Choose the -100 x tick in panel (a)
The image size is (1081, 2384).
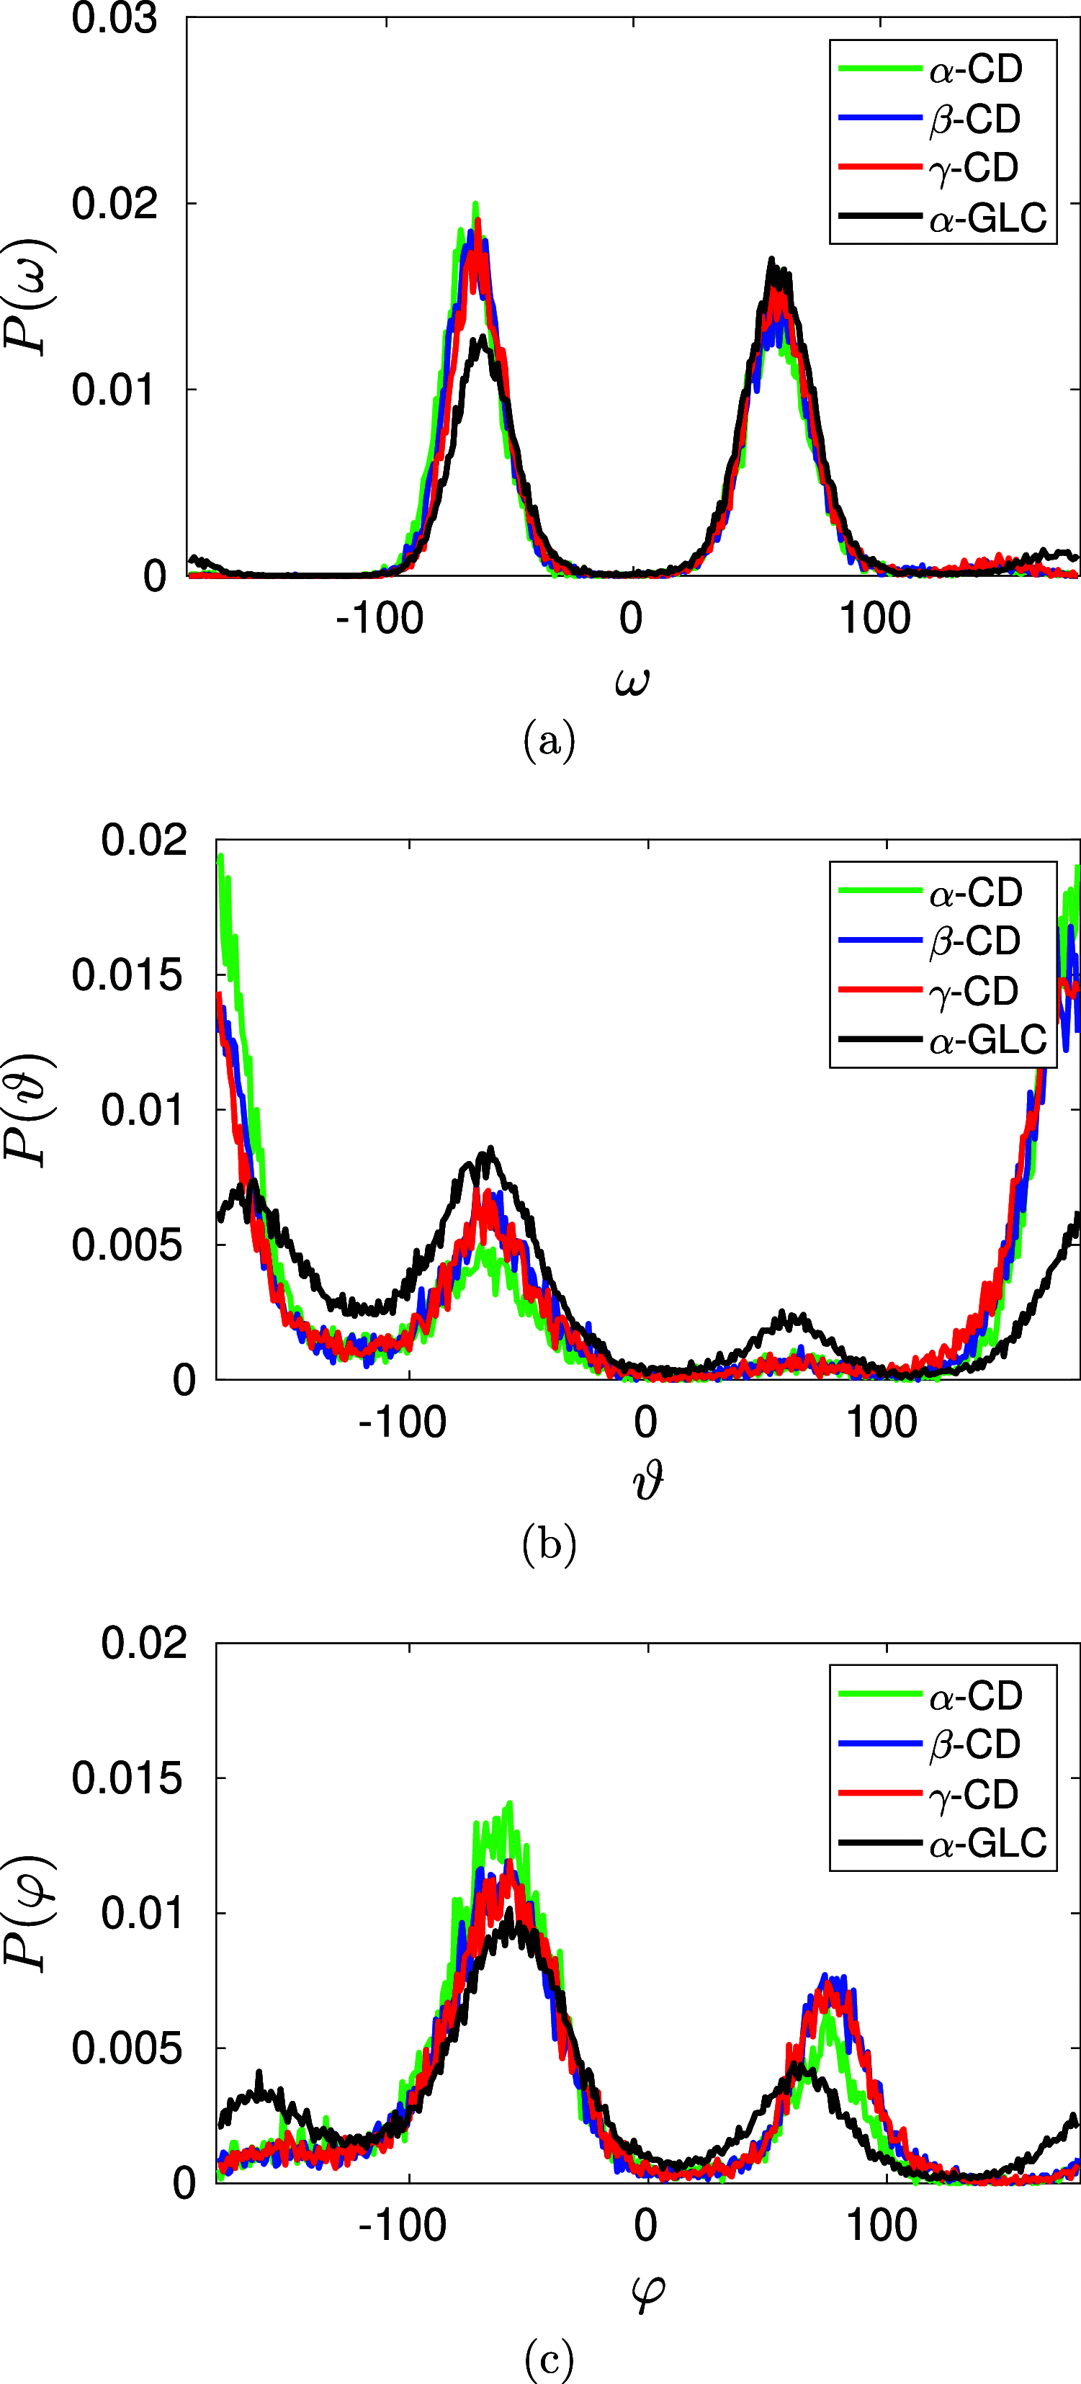380,618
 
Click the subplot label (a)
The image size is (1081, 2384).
549,741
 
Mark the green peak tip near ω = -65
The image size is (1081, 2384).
476,205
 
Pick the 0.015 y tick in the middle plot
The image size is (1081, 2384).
127,974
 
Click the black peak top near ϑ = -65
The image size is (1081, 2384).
490,1150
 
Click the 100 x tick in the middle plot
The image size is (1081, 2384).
881,1422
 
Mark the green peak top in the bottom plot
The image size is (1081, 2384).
509,1803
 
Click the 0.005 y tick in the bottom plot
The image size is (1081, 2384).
127,2048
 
